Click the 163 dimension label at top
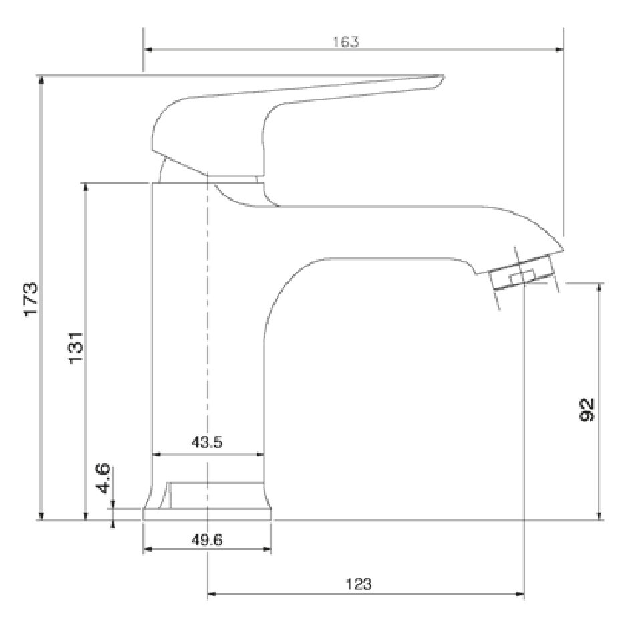[x=346, y=41]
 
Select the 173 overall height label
[x=31, y=300]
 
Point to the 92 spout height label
[x=587, y=409]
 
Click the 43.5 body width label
[x=207, y=442]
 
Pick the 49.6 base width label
[x=207, y=540]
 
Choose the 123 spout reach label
[x=359, y=584]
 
